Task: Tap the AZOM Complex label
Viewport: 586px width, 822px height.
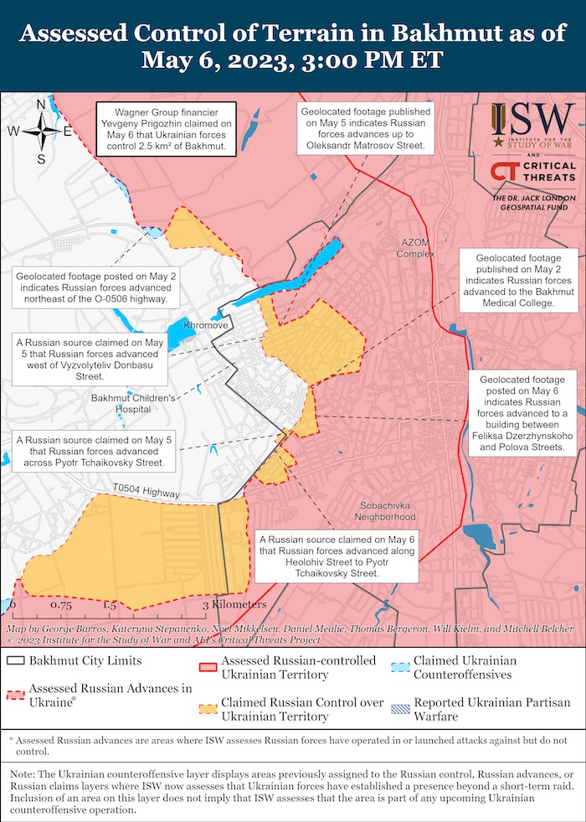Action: (413, 248)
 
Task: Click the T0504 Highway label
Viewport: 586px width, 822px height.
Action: (145, 491)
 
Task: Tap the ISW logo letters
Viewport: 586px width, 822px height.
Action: (532, 120)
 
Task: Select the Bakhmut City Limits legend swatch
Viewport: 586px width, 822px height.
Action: (15, 660)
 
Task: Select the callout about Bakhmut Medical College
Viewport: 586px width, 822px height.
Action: (518, 280)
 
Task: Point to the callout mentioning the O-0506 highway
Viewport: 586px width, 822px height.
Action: (93, 287)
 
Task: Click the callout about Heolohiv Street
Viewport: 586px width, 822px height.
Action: (337, 556)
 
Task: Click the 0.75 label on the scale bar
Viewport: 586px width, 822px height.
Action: (60, 604)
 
